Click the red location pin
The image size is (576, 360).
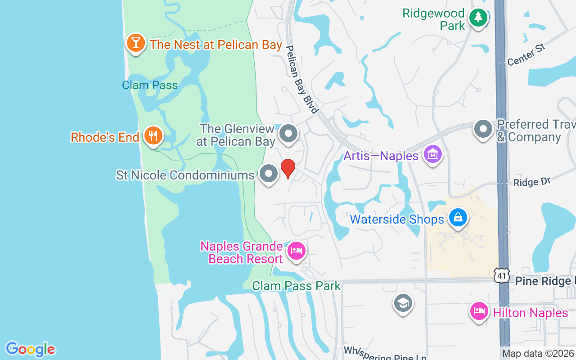(x=288, y=168)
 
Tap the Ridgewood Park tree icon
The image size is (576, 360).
(x=478, y=18)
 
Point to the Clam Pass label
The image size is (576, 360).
(x=150, y=85)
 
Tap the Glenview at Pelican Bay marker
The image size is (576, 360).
(x=288, y=134)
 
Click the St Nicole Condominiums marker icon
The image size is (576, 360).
(x=269, y=173)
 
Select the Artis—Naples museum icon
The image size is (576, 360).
(x=433, y=155)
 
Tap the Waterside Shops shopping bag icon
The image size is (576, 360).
(x=458, y=218)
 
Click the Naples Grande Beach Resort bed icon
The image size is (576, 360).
(x=297, y=251)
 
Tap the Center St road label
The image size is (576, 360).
(x=526, y=54)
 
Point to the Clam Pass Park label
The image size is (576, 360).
(x=297, y=286)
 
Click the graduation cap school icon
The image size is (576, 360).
(x=403, y=303)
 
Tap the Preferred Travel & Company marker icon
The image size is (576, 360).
(x=484, y=129)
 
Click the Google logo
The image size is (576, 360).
(x=30, y=349)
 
